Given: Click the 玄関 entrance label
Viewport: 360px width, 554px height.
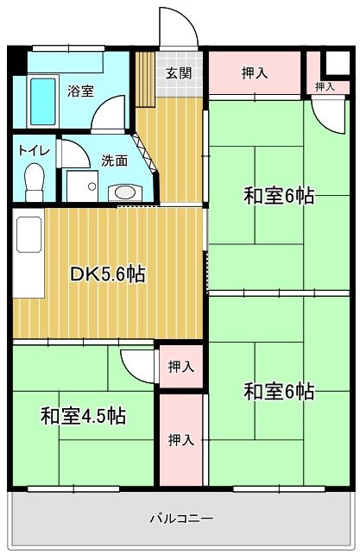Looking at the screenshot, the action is tap(179, 73).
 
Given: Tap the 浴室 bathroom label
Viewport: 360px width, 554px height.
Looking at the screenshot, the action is tap(81, 91).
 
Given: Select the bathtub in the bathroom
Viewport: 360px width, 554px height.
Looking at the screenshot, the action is tap(43, 102).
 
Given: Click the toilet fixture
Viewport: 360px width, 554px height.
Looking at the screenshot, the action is tap(35, 182).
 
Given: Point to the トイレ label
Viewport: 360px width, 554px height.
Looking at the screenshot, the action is tap(34, 151).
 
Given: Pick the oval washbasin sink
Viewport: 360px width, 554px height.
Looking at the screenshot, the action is tap(125, 193).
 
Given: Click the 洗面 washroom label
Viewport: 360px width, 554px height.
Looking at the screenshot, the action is tap(114, 161).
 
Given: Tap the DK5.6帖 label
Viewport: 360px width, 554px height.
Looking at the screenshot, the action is tap(108, 274).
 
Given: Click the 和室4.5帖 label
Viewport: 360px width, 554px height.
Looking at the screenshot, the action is tap(83, 416).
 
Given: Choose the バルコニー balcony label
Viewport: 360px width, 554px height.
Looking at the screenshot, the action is tap(182, 519).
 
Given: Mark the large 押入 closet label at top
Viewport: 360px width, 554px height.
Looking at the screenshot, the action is tap(255, 73).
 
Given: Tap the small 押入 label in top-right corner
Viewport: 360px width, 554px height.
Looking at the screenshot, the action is tap(325, 86).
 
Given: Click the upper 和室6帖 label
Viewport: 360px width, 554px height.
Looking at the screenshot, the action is tap(279, 196).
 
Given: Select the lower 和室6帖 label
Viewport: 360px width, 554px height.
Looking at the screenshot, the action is tap(279, 392).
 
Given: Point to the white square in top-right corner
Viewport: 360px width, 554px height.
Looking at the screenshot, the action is tap(337, 63).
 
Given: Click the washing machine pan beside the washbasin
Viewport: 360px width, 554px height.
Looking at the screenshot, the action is tap(82, 186).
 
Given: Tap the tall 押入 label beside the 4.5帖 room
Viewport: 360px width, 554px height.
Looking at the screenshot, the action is tap(181, 440).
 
